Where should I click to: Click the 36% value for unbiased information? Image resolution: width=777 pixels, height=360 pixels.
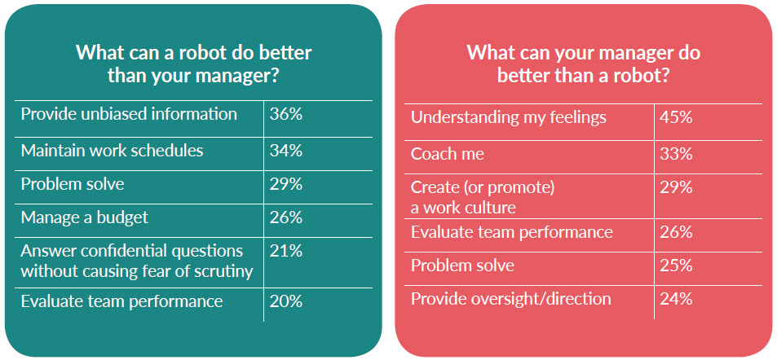click(286, 114)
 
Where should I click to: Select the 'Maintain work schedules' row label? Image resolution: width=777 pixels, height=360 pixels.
click(112, 151)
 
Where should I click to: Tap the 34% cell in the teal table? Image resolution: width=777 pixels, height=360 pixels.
click(286, 151)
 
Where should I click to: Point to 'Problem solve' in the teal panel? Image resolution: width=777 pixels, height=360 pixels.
click(73, 184)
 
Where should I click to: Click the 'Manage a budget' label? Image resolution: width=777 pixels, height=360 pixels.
click(84, 217)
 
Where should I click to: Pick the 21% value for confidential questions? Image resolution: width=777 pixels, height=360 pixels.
click(286, 251)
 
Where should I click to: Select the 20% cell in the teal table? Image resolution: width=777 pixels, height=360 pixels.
click(286, 301)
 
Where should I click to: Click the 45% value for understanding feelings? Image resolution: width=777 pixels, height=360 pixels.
click(676, 118)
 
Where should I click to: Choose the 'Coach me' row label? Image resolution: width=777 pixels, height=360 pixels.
click(447, 154)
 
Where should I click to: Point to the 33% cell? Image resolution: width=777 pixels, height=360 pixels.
click(676, 154)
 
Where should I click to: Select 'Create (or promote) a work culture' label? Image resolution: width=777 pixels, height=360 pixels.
click(482, 198)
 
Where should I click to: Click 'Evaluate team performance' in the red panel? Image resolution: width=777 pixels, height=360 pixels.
click(512, 232)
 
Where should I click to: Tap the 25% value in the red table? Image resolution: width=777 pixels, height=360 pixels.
click(676, 266)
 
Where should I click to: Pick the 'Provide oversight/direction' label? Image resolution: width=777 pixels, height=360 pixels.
click(511, 299)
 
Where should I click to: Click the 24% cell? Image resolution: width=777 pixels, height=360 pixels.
click(676, 299)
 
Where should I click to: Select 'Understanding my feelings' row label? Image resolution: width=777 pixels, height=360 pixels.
click(509, 118)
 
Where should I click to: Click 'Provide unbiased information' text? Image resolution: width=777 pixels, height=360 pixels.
click(129, 114)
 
